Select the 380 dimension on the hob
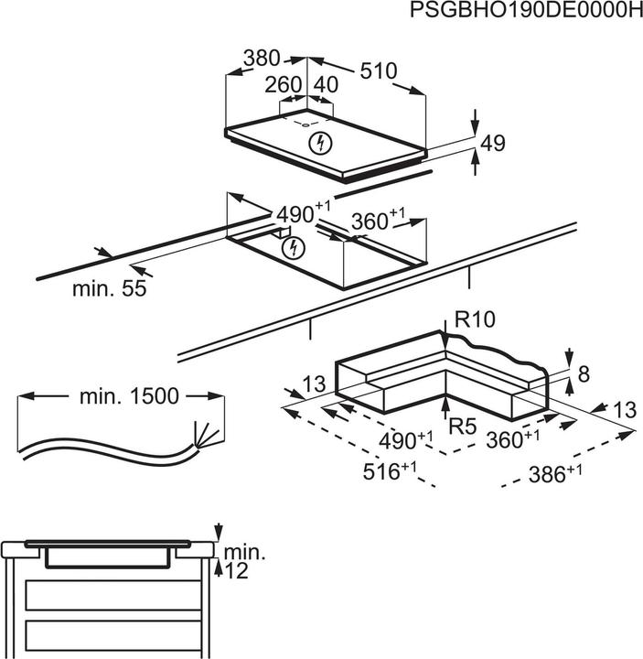261,59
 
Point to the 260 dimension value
283,85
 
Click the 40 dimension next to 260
326,85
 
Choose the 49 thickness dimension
493,144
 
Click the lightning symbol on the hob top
319,143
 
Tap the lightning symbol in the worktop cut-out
292,247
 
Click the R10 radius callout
474,320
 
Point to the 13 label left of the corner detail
314,387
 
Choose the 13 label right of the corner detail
625,411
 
